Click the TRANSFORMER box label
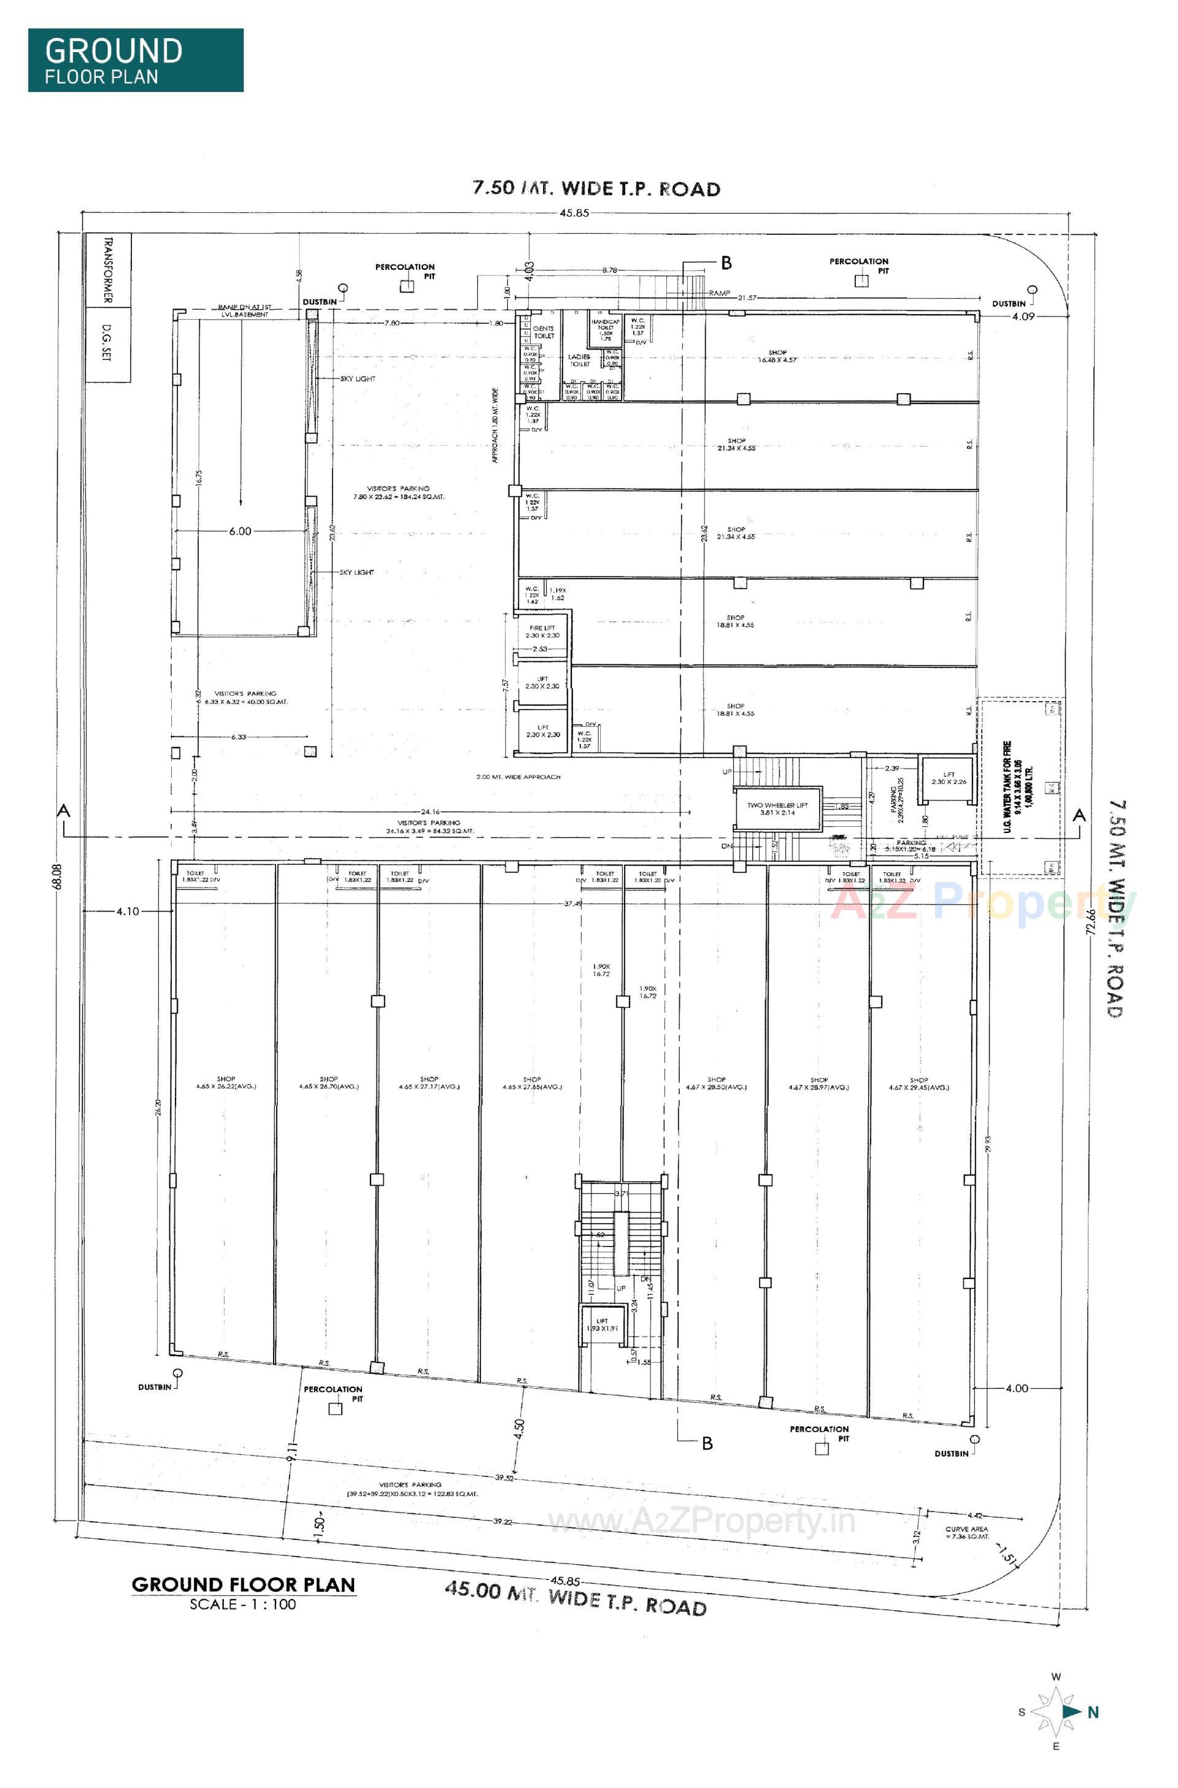click(x=107, y=271)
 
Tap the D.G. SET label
click(x=107, y=345)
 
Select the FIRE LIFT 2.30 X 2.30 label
click(x=542, y=631)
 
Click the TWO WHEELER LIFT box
click(x=777, y=808)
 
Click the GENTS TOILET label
click(x=543, y=332)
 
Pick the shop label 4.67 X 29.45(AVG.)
click(x=918, y=1083)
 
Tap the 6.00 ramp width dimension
click(x=240, y=531)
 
